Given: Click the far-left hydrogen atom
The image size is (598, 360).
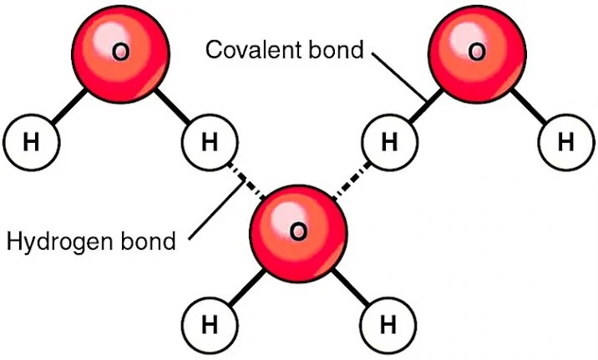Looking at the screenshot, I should pos(32,143).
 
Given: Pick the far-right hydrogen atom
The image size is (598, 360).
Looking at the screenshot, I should pos(566,143).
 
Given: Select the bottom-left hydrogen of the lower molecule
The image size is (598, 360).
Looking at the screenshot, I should pos(209,321).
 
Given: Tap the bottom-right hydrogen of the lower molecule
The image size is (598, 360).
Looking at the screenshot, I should pos(388,321).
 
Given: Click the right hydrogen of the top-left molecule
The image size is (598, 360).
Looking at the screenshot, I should pos(210,143).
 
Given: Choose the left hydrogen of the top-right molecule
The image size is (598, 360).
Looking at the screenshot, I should pos(388,143).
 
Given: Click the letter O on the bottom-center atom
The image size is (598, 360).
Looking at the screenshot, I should pos(298,230).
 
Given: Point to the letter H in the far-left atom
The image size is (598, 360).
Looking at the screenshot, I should pos(32,143).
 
